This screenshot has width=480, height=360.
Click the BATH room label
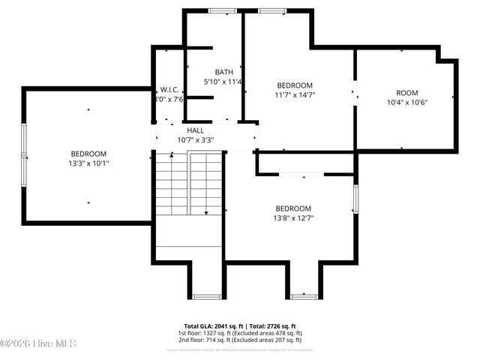(223, 72)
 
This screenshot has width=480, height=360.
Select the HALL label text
(196, 130)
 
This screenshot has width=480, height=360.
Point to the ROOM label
(407, 93)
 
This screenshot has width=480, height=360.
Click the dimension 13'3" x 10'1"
(89, 163)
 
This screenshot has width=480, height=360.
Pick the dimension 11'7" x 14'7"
(294, 95)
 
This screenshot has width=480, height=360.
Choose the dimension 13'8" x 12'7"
(293, 218)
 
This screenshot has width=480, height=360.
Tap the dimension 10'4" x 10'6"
(407, 103)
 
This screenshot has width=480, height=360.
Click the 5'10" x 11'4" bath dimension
(223, 82)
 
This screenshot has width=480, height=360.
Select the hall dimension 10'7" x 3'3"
(196, 139)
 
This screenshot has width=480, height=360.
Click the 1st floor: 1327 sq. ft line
(240, 333)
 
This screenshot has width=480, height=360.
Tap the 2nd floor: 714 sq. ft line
(240, 340)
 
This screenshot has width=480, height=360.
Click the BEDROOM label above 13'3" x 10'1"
(89, 153)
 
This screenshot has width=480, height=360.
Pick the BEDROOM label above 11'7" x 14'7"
(295, 85)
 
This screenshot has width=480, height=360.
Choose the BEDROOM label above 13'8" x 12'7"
(293, 208)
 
